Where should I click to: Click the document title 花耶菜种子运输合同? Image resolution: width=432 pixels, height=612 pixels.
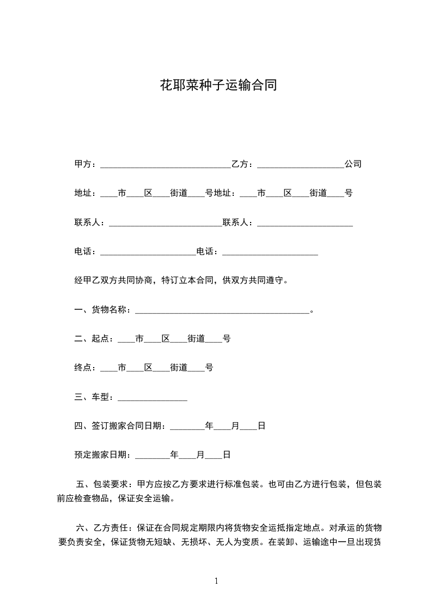pyautogui.click(x=218, y=85)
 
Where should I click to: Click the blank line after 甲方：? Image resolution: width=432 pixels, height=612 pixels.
pyautogui.click(x=166, y=164)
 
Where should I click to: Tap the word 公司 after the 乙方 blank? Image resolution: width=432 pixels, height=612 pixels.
pyautogui.click(x=353, y=164)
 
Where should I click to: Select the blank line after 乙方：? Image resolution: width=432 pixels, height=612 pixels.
pyautogui.click(x=300, y=164)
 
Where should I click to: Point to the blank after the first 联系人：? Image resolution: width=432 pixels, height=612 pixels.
pyautogui.click(x=166, y=223)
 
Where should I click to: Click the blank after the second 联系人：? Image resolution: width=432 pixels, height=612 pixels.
pyautogui.click(x=305, y=223)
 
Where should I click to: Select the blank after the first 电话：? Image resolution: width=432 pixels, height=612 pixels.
pyautogui.click(x=148, y=252)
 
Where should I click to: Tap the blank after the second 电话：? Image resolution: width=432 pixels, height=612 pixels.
pyautogui.click(x=270, y=252)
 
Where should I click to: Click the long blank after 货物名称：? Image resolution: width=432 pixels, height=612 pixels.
pyautogui.click(x=222, y=310)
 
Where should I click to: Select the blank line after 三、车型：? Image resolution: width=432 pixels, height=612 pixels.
pyautogui.click(x=152, y=398)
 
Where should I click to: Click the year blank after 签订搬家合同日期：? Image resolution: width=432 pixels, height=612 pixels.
pyautogui.click(x=187, y=427)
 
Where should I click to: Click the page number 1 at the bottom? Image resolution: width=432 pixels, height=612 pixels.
pyautogui.click(x=216, y=581)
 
